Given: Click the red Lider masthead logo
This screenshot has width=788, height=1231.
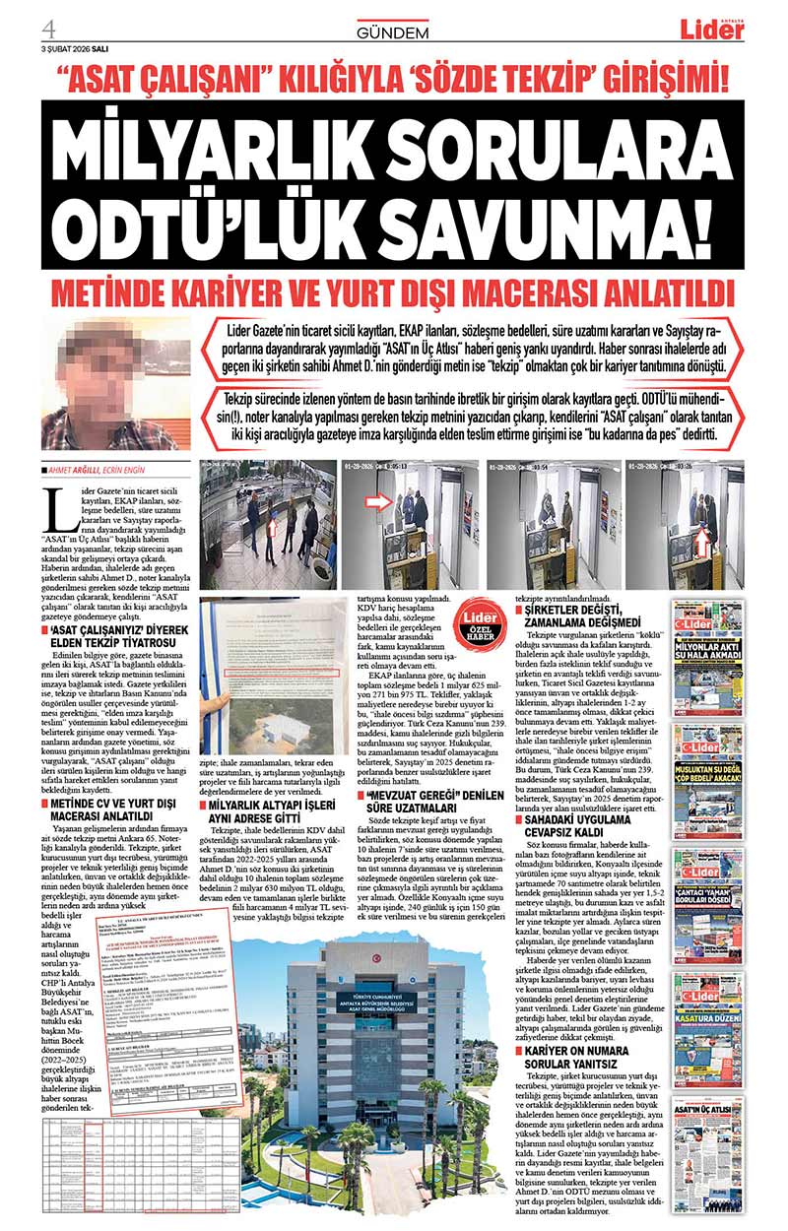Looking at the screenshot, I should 711,30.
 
